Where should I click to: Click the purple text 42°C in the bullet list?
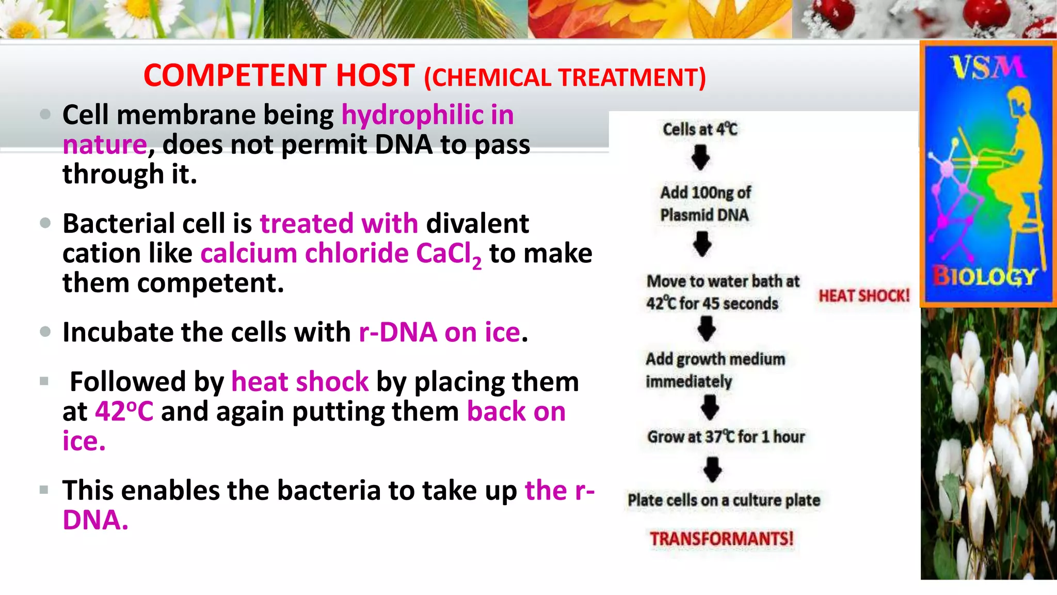point(124,412)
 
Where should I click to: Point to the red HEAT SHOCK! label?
point(864,296)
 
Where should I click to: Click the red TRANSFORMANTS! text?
point(721,539)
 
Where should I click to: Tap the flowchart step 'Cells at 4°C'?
point(700,129)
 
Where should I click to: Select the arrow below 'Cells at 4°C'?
point(700,158)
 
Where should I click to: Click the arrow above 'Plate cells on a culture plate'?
point(713,469)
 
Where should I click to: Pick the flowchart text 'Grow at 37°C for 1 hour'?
point(726,437)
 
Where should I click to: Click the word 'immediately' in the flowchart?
point(688,382)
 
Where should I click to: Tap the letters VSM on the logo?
point(986,68)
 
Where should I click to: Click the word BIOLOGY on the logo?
point(985,277)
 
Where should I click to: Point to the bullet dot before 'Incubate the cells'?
point(45,332)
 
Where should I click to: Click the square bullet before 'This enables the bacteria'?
point(44,490)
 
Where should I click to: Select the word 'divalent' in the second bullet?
point(477,224)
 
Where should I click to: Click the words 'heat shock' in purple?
point(300,382)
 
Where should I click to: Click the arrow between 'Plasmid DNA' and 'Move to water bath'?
point(702,244)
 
